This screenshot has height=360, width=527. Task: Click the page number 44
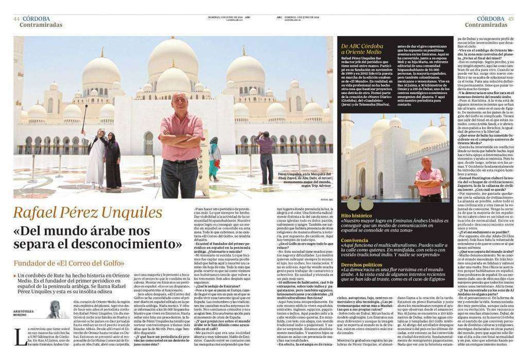[16, 19]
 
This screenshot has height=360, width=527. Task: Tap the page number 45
[510, 19]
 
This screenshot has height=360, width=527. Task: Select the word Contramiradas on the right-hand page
[485, 25]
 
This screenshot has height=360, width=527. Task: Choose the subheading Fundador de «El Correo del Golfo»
[69, 264]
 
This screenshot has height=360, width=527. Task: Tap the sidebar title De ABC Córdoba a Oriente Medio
[362, 49]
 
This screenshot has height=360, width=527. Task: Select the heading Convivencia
[355, 240]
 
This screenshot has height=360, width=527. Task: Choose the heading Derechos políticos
[361, 264]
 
